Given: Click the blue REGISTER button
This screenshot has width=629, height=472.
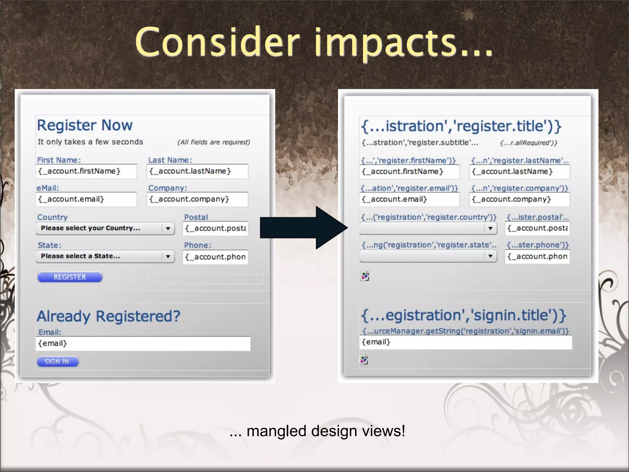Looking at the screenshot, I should coord(70,277).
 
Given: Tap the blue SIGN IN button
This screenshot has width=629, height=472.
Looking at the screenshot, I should coord(57,362).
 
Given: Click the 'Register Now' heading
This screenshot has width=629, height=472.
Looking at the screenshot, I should coord(85,125).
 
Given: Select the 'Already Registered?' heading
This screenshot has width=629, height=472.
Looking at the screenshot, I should coord(108,316).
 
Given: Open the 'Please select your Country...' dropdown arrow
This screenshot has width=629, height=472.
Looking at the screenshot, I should coord(168,228).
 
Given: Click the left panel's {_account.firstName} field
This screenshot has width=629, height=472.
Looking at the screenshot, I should coord(86,171).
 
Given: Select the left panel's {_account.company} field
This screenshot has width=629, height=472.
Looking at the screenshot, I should coord(197,199).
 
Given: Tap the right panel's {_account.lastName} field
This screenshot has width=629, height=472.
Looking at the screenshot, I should coord(519,172).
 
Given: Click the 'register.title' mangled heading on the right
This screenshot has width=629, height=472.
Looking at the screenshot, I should coord(461,126).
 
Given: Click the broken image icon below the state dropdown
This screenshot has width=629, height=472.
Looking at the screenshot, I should coord(365,276).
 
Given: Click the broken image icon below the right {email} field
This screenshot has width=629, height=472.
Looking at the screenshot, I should coord(364,360).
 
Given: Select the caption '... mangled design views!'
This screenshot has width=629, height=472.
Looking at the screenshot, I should coord(317,431).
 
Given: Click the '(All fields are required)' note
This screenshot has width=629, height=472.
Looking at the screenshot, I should coord(214,142).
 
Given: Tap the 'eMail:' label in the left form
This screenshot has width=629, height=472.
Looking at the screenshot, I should coord(48,188).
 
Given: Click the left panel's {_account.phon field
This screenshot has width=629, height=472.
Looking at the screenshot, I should coord(215,257).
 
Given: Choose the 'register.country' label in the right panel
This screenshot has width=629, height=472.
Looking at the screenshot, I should coord(429,217).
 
